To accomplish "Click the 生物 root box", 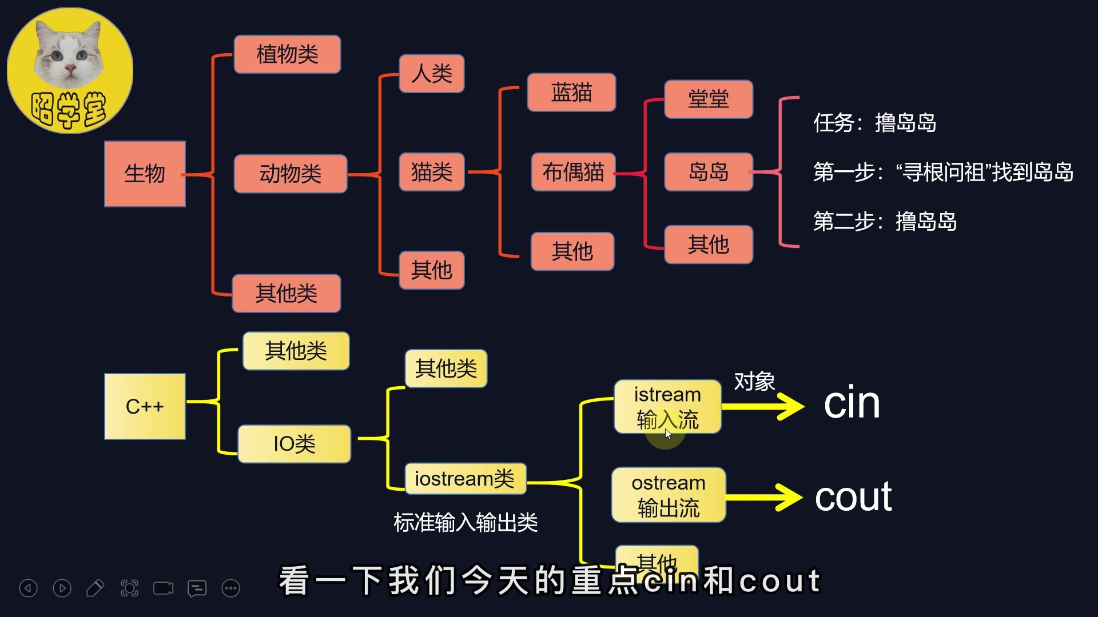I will tap(145, 174).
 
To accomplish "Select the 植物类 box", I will tap(287, 55).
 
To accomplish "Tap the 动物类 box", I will tap(291, 174).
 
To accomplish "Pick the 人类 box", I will tap(431, 74).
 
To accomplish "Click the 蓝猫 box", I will tap(571, 93).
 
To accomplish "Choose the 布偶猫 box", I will tap(573, 172).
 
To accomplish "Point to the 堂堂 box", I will tap(708, 99).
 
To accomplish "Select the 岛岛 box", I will tap(708, 172).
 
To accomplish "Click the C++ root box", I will tap(145, 407).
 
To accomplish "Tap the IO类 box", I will tap(294, 444).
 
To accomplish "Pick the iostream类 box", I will tap(465, 479).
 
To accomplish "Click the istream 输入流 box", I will tap(667, 407).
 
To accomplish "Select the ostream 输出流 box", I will tap(668, 495).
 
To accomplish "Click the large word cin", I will tap(852, 403).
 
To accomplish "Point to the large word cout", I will tap(853, 497).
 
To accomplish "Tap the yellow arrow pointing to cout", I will tap(763, 497).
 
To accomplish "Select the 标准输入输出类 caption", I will tap(466, 523).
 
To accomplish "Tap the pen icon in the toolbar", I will tap(95, 588).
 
